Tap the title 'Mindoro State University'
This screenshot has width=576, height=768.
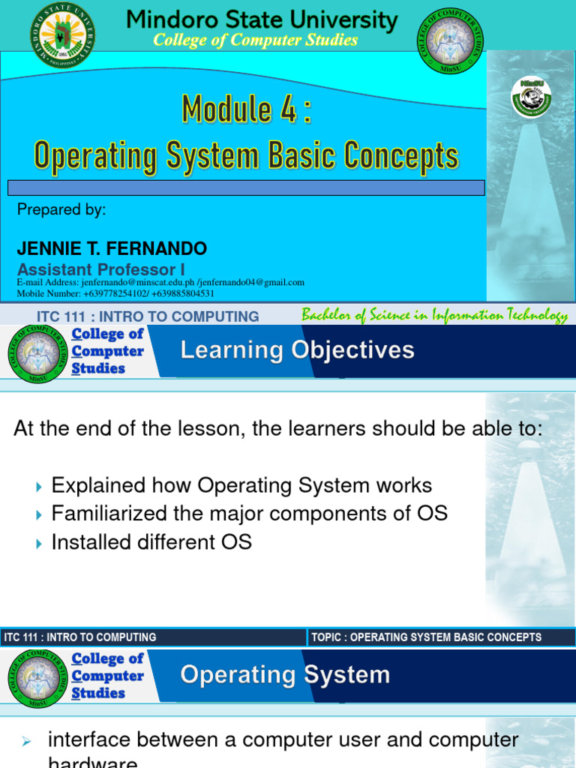click(x=262, y=19)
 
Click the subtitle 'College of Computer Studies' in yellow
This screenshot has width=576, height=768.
click(x=255, y=40)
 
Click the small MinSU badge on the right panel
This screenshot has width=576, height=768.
click(x=531, y=97)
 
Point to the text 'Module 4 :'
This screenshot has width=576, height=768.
click(x=246, y=111)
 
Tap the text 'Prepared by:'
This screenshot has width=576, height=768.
click(x=61, y=210)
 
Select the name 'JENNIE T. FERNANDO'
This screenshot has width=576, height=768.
click(x=112, y=248)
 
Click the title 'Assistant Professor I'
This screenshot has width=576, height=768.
click(x=101, y=269)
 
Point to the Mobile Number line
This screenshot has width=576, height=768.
click(x=115, y=293)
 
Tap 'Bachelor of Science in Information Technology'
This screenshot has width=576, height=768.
click(x=434, y=316)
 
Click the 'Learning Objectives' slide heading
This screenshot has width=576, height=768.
click(x=297, y=350)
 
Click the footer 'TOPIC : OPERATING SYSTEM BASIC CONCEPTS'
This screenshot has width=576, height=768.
click(x=426, y=637)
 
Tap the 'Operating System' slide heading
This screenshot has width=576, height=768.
click(x=285, y=675)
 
